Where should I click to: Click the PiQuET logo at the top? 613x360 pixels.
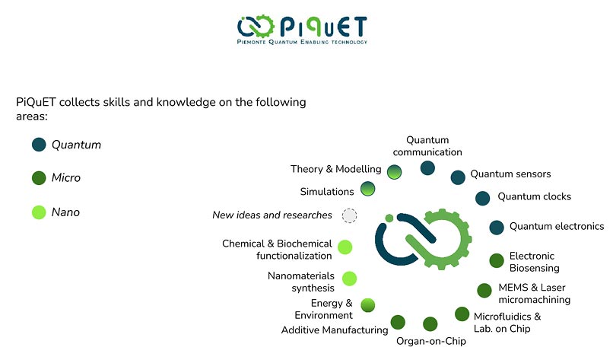point(302,30)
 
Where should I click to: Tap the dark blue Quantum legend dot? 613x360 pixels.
point(39,145)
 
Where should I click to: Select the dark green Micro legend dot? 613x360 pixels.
point(39,177)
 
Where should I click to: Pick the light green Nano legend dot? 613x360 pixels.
point(39,212)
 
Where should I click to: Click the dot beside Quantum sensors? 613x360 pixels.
point(458,177)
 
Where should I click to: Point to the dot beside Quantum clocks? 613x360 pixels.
point(483,198)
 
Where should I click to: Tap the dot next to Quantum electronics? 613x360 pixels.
point(497,228)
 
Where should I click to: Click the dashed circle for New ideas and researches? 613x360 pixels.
point(350,215)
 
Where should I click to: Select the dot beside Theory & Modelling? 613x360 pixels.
point(395,172)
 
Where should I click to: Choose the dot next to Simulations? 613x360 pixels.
point(367,189)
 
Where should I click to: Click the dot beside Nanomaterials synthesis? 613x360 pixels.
point(350,279)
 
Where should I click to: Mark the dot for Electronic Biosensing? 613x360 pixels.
point(497,260)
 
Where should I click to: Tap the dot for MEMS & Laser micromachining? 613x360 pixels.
point(484,290)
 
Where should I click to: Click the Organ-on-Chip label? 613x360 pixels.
point(431,341)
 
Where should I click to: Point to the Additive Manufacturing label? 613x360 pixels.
point(335,330)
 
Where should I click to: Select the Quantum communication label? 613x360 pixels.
point(427,146)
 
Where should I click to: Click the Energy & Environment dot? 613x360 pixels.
point(368,305)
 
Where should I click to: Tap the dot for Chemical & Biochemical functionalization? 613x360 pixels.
point(345,247)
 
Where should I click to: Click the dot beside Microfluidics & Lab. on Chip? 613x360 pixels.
point(462,314)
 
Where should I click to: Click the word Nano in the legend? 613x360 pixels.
point(65,212)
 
